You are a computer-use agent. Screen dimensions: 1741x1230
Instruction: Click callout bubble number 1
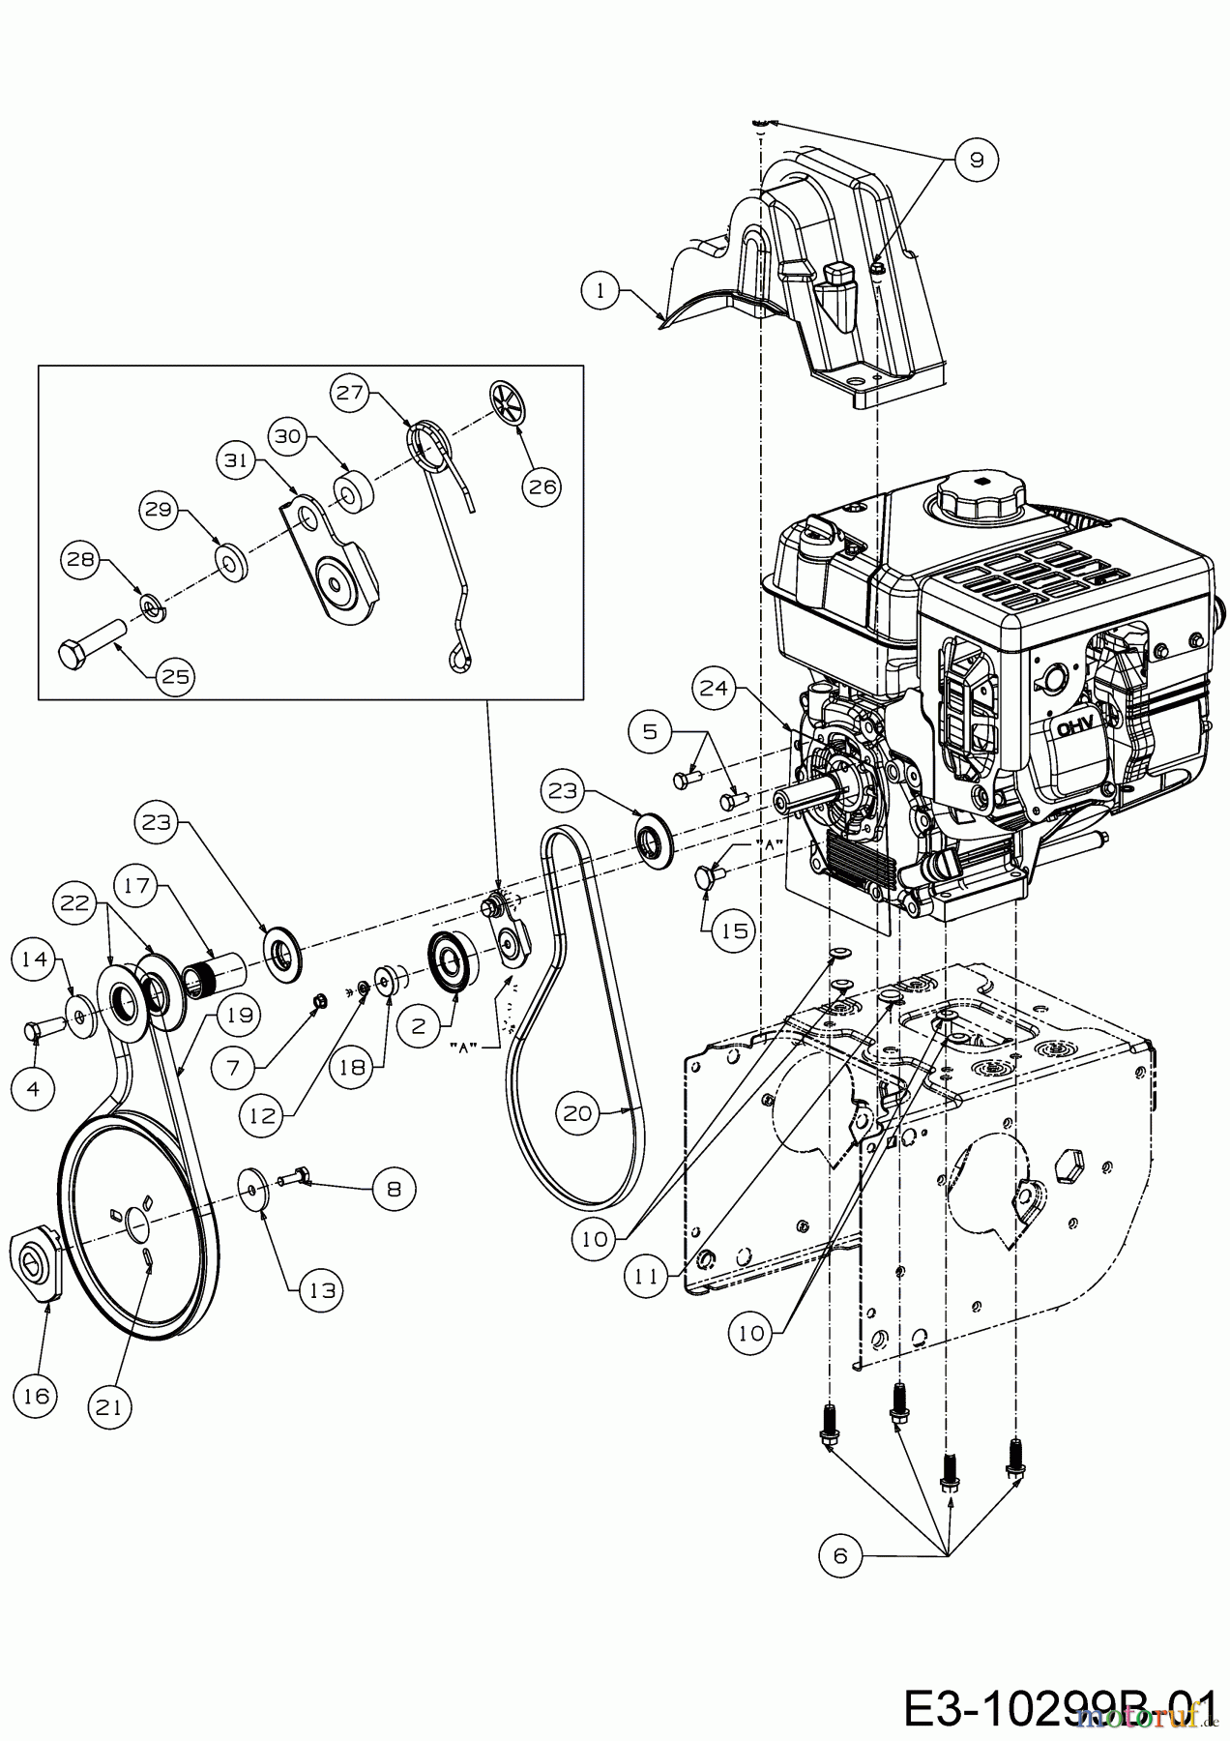pos(601,290)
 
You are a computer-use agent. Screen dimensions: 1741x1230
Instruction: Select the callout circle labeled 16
pos(35,1396)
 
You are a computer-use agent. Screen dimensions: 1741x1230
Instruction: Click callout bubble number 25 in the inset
pos(174,676)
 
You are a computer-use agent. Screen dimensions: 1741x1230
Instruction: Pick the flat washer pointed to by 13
pos(255,1188)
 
